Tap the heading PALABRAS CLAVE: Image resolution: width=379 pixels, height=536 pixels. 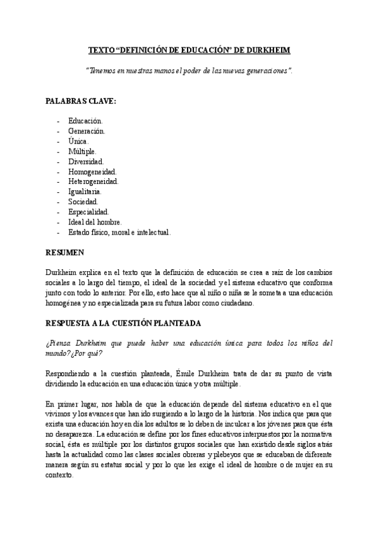pyautogui.click(x=80, y=100)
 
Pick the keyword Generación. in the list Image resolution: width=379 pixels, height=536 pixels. pyautogui.click(x=87, y=130)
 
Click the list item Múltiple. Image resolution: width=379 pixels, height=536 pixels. pyautogui.click(x=83, y=151)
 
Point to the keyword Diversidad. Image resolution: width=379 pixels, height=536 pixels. pyautogui.click(x=87, y=161)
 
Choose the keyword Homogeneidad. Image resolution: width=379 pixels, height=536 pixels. pyautogui.click(x=92, y=171)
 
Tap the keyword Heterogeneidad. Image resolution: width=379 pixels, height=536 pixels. pyautogui.click(x=93, y=181)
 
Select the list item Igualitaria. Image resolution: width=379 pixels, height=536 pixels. pyautogui.click(x=85, y=192)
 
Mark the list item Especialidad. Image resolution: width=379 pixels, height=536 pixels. pyautogui.click(x=88, y=212)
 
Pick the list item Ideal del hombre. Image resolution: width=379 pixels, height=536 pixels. pyautogui.click(x=95, y=222)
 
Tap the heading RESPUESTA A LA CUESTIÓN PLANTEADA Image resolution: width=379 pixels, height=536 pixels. pyautogui.click(x=124, y=323)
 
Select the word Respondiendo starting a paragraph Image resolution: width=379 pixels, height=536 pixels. pyautogui.click(x=71, y=374)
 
